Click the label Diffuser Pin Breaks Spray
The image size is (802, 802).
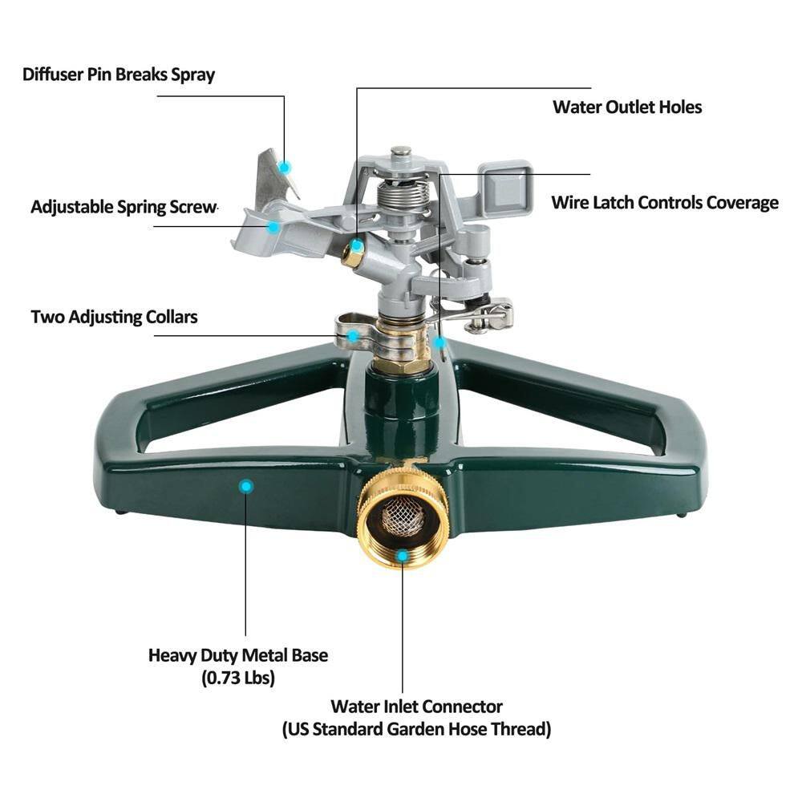tap(119, 75)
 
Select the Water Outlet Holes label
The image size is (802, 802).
tap(626, 107)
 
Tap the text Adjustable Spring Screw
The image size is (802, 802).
tap(124, 206)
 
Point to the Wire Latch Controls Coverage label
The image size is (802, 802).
tap(664, 202)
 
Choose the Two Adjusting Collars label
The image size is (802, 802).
tap(114, 316)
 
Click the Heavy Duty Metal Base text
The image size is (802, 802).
tap(238, 654)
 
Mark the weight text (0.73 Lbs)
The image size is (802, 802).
tap(238, 678)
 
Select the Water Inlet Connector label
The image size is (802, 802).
tap(416, 707)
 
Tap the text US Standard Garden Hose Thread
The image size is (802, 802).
tap(416, 730)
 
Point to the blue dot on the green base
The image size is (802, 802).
tap(246, 485)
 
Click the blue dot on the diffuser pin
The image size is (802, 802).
tap(283, 166)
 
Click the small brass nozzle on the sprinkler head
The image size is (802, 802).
tap(352, 256)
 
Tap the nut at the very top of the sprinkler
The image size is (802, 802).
tap(400, 152)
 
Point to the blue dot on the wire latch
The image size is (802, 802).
tap(439, 342)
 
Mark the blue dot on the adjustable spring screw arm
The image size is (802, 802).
tap(273, 227)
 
